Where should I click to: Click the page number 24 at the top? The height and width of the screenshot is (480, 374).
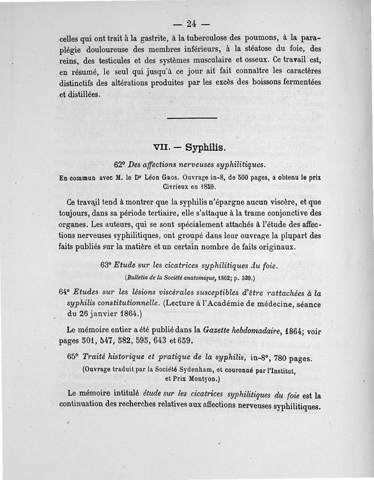click(192, 23)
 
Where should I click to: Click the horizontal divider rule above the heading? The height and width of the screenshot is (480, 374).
click(192, 118)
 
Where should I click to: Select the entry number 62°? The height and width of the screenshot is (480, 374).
click(120, 165)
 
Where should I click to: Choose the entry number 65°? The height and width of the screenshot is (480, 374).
click(74, 357)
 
